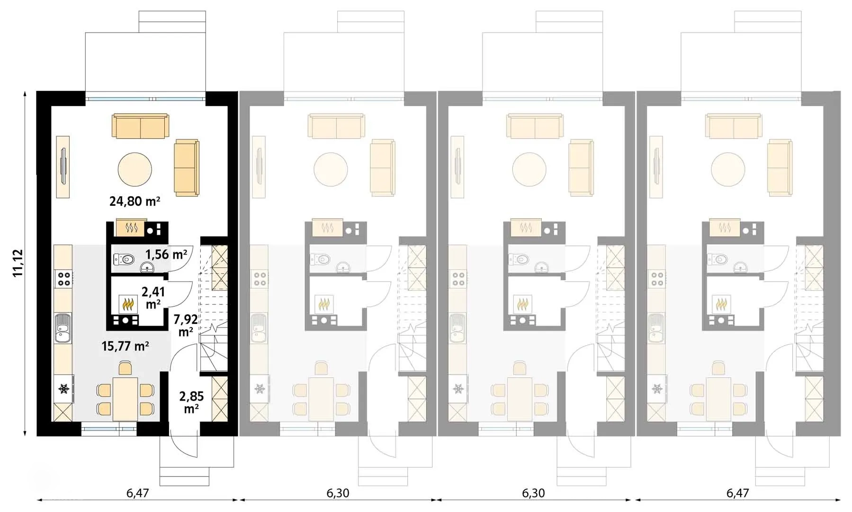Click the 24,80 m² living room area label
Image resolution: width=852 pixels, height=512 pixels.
[x=135, y=201]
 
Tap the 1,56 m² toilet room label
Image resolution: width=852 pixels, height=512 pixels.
[x=166, y=255]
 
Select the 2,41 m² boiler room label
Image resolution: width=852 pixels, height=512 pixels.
[x=153, y=297]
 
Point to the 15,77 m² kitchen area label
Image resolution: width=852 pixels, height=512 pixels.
[x=126, y=346]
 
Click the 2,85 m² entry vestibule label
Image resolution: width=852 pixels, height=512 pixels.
[x=191, y=402]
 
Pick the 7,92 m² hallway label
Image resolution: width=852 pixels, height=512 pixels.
[x=186, y=325]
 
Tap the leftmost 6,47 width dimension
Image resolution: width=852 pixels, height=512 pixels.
[x=137, y=493]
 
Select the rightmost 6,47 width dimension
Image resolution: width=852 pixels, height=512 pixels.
[x=737, y=493]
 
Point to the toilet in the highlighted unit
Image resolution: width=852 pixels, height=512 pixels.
[x=124, y=259]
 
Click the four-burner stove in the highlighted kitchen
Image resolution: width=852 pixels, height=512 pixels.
[x=63, y=278]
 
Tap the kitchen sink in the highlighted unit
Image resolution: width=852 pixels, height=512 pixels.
[x=63, y=328]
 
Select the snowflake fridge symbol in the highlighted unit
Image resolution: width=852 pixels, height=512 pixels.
[x=63, y=389]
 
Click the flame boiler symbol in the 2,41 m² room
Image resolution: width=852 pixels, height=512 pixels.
[x=127, y=303]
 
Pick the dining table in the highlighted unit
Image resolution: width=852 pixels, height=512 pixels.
[x=126, y=399]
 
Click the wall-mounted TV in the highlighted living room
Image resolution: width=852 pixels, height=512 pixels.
[x=63, y=167]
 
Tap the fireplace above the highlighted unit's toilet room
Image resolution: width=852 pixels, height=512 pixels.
[x=130, y=228]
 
